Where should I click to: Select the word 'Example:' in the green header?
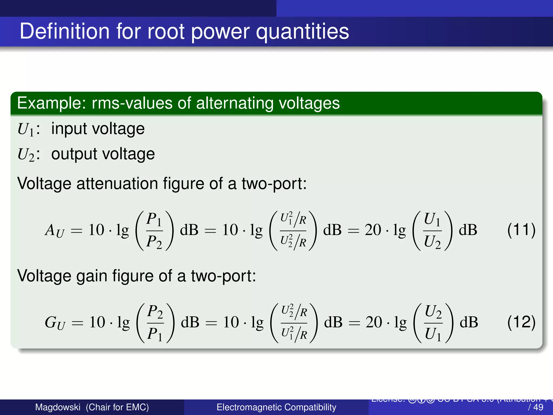point(52,103)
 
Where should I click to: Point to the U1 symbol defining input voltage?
point(26,129)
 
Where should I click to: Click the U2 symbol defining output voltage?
point(26,155)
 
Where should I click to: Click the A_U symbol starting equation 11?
point(55,230)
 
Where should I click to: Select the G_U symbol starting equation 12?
point(55,323)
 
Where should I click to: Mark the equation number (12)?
point(521,322)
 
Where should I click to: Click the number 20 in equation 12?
point(374,322)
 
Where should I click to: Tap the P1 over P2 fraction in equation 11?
point(154,230)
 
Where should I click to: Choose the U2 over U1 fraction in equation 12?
point(433,323)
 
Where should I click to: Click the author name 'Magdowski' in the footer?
point(58,407)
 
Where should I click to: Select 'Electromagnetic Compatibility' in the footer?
point(276,407)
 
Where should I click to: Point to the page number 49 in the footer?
point(538,407)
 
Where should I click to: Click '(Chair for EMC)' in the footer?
point(117,407)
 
